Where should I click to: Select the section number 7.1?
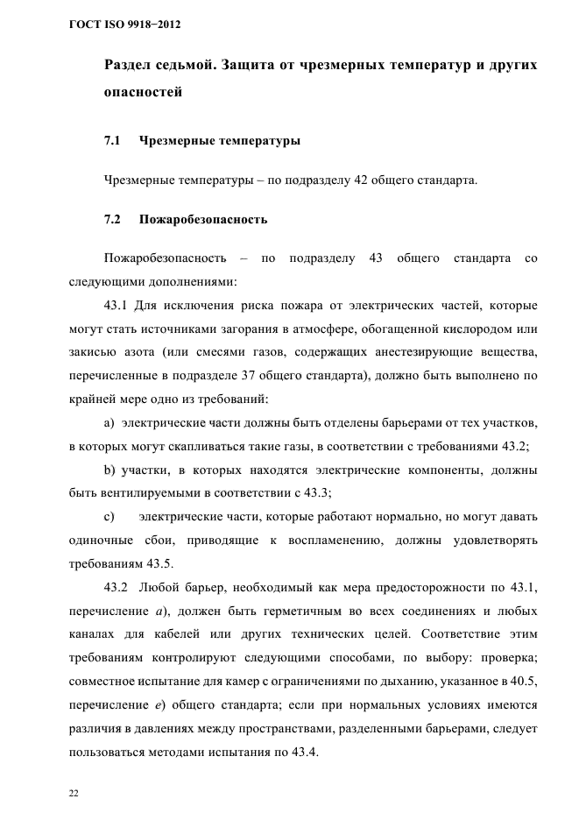point(112,140)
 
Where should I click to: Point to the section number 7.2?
point(112,219)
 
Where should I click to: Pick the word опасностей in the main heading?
point(144,92)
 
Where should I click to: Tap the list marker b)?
point(109,470)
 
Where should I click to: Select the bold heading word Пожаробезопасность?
point(203,219)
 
